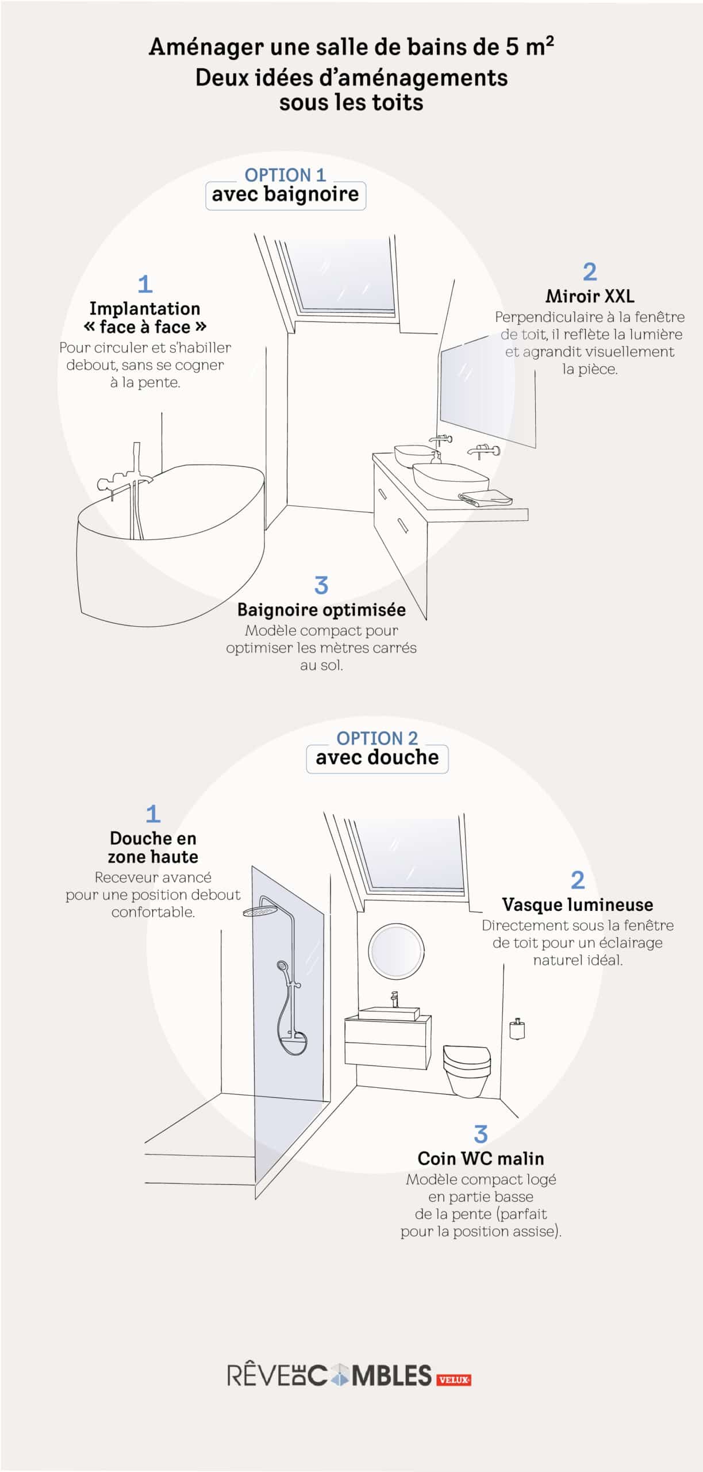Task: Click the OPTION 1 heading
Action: point(285,174)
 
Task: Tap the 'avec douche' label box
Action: point(377,757)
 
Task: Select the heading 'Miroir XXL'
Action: point(590,296)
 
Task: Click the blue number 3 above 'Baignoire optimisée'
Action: point(321,585)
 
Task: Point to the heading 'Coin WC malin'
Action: point(481,1158)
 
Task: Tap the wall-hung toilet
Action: point(467,1068)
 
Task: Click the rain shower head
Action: point(259,911)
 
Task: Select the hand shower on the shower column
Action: point(283,967)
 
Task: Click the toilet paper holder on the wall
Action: point(517,1029)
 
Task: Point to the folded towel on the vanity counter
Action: point(485,497)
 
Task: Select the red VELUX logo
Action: point(454,1379)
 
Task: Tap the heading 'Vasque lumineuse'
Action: point(577,904)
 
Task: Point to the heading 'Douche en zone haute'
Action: point(153,847)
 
